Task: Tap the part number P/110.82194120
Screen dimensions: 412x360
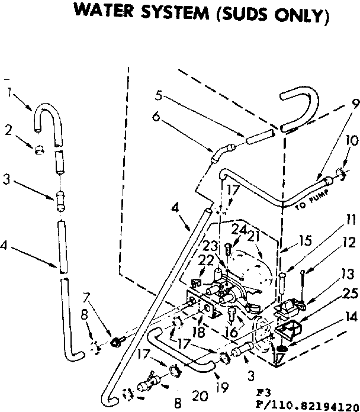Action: pyautogui.click(x=306, y=403)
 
